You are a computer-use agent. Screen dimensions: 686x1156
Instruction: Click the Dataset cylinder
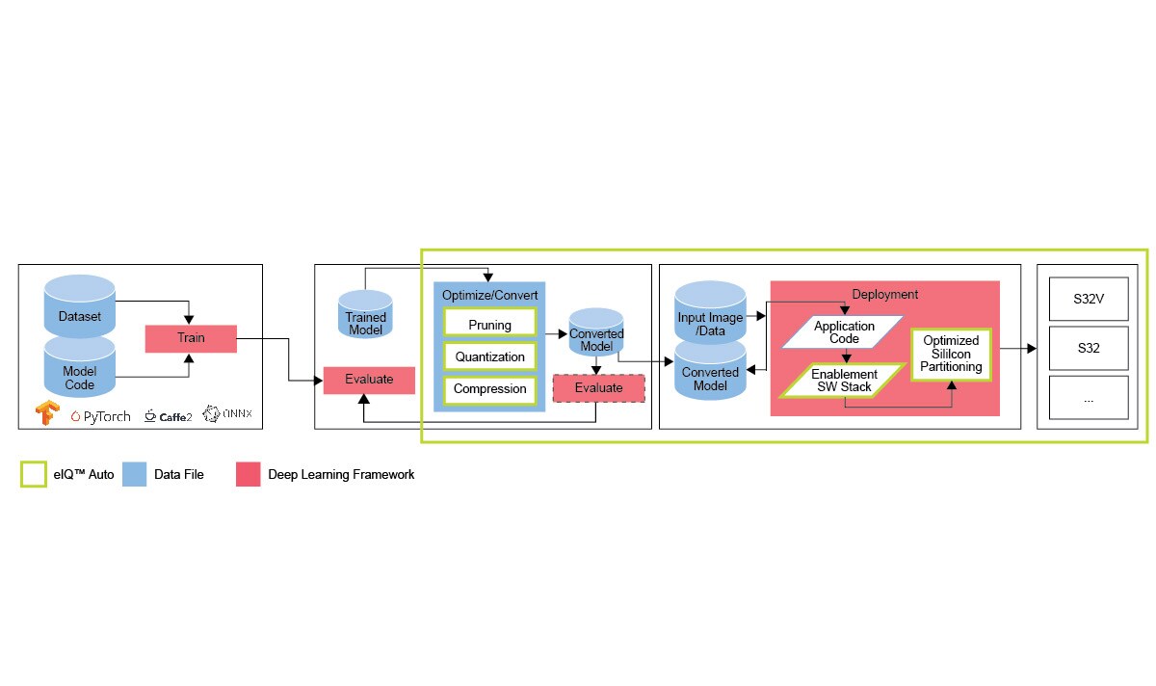(80, 306)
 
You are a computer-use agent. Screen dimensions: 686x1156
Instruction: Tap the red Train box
(191, 338)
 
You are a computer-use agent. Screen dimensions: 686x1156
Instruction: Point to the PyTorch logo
(100, 416)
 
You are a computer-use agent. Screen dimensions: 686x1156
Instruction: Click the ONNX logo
(228, 415)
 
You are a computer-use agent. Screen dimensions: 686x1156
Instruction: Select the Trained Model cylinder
(365, 315)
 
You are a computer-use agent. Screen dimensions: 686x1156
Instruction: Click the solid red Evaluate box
(369, 380)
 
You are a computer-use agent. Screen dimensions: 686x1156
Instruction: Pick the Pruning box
(489, 324)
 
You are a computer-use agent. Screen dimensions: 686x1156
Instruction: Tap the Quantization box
(489, 356)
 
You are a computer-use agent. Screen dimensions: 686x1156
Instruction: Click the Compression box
(489, 388)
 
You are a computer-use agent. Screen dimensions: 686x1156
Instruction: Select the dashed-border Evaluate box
(598, 387)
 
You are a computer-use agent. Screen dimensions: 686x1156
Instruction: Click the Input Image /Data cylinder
(710, 308)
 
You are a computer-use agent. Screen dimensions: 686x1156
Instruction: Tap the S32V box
(1089, 300)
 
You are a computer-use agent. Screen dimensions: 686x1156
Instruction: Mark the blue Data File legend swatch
(134, 474)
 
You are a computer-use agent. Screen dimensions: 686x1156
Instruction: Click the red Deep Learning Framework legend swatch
(249, 474)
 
